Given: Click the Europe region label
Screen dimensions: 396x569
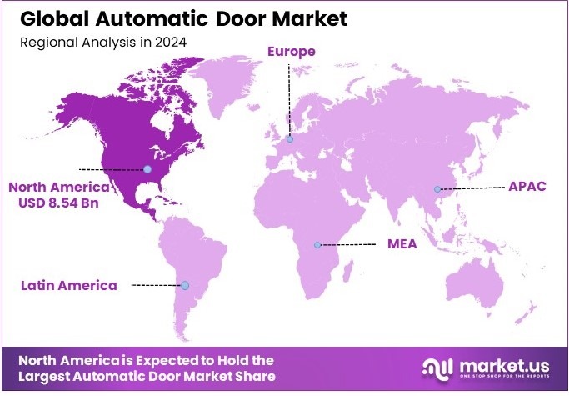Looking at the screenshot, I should (291, 52).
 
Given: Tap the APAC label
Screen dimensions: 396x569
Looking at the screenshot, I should (527, 186).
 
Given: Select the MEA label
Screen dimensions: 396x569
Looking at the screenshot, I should (402, 244).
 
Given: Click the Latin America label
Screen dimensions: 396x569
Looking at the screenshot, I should (69, 285).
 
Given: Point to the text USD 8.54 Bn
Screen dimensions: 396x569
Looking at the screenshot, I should (59, 203).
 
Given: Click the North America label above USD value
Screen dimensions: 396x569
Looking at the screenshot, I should (59, 186).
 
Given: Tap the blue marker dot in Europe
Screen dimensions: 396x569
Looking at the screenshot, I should (290, 139).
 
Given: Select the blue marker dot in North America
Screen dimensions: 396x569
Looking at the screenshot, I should (147, 169).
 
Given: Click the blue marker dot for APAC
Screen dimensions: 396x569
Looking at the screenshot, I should (437, 189).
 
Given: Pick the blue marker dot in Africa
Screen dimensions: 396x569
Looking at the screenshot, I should (317, 245).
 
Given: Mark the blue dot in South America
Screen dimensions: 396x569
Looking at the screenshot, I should (185, 285).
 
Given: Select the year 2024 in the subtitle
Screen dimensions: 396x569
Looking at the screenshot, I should (172, 41).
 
